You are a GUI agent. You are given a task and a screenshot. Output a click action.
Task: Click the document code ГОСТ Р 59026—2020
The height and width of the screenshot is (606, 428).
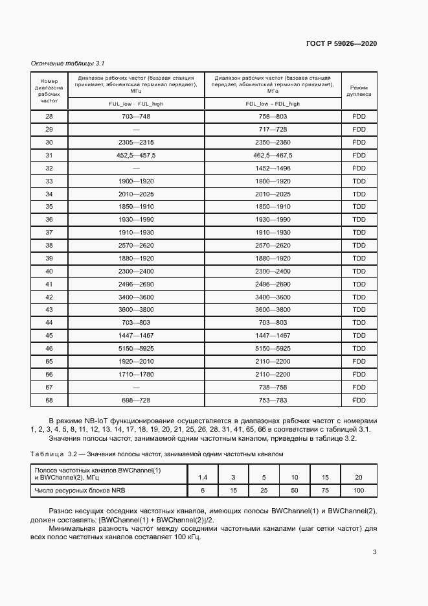coord(341,43)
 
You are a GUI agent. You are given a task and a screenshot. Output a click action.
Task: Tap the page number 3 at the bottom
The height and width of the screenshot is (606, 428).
coord(375,552)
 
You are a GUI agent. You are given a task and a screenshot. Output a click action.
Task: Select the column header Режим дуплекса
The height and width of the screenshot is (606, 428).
coord(359,90)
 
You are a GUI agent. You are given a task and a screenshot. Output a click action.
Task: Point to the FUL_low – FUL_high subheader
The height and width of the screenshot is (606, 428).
coord(135,104)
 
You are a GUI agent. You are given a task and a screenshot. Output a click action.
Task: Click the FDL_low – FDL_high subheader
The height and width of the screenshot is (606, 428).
coord(273,104)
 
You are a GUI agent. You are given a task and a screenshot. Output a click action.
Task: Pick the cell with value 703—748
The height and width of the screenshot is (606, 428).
coord(135,117)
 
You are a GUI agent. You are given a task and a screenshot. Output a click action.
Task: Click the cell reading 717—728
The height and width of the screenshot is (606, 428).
coord(273,130)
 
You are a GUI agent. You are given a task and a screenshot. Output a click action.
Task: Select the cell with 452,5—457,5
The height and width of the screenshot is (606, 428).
coord(135,156)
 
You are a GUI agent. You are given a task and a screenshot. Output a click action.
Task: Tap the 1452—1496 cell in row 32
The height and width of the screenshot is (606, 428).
coord(273,168)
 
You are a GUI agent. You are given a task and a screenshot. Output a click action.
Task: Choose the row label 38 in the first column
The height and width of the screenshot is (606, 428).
coord(49,245)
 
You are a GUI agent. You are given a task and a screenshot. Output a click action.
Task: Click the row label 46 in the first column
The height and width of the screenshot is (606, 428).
coord(49,348)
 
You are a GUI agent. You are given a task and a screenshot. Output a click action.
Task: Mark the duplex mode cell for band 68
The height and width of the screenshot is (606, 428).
coord(359,399)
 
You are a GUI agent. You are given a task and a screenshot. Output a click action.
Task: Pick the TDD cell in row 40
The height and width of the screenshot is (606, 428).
coord(359,271)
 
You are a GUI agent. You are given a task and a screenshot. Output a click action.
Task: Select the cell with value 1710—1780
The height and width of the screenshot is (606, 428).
coord(135,374)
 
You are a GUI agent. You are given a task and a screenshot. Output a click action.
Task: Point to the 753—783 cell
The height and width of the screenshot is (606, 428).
coord(273,399)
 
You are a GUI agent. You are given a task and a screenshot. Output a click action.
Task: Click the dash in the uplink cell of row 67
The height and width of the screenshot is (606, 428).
coord(135,387)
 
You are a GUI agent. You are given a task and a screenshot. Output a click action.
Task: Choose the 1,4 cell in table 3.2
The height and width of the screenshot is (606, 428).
coord(203,478)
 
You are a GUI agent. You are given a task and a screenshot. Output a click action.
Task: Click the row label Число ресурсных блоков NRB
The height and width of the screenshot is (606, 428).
coord(76,491)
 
